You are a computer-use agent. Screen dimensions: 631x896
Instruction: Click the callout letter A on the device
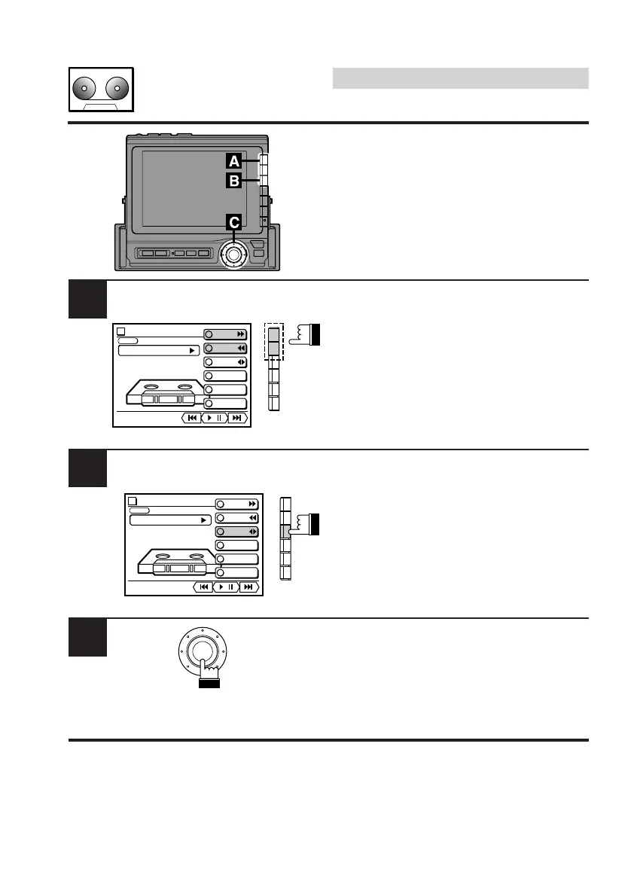click(234, 160)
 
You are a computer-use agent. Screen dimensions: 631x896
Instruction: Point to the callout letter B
click(234, 181)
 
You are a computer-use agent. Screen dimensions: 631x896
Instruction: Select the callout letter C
click(234, 222)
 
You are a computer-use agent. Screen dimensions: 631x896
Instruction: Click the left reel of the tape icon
click(84, 89)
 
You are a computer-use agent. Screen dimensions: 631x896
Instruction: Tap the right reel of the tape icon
click(117, 89)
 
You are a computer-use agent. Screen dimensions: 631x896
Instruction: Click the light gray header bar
click(460, 78)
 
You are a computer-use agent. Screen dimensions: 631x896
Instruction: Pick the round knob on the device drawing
click(233, 255)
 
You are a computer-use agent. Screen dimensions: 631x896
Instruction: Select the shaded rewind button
click(226, 349)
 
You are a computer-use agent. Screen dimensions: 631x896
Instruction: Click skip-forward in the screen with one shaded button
click(248, 587)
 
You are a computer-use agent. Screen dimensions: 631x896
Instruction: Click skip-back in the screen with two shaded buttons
click(191, 418)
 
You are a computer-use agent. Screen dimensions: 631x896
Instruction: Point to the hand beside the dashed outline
click(304, 335)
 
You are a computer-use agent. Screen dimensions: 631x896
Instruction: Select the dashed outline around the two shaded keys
click(274, 341)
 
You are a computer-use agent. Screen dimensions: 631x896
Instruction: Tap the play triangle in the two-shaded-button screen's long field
click(191, 350)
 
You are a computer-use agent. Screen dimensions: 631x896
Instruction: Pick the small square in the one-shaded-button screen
click(133, 500)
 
